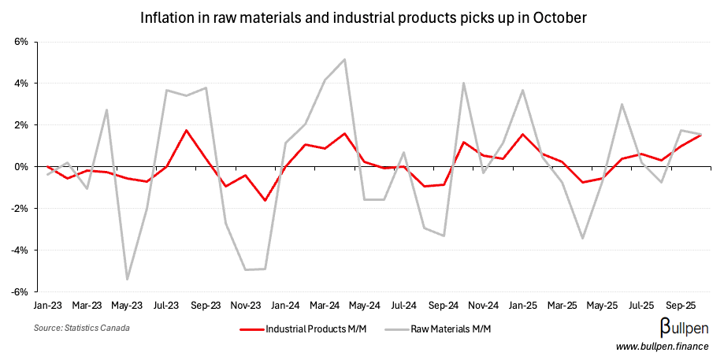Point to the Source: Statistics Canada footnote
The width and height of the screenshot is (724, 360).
(82, 328)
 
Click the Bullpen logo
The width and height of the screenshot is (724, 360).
(683, 328)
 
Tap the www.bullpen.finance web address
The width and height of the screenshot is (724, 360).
(662, 347)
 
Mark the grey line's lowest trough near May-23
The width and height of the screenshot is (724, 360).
(127, 280)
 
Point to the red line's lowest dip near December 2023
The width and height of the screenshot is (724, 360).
(265, 200)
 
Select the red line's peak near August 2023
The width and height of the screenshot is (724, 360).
(186, 130)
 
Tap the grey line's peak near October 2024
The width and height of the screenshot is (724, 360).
(464, 83)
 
